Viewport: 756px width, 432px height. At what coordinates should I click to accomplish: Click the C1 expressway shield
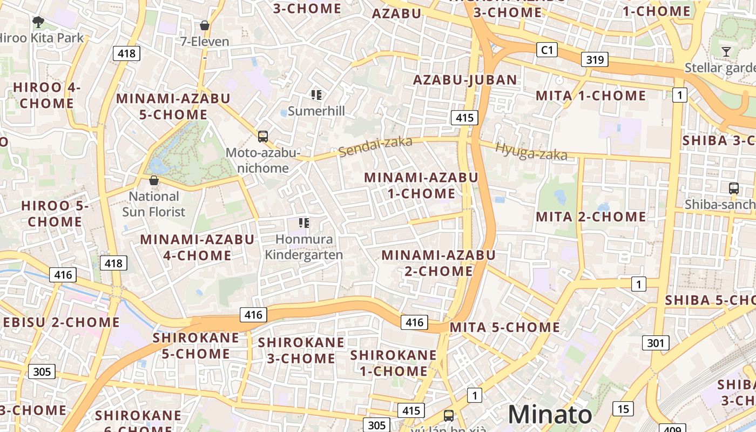(x=547, y=50)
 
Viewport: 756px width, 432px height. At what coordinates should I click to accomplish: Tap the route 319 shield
(x=595, y=59)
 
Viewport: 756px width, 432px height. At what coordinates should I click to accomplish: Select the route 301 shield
(x=656, y=343)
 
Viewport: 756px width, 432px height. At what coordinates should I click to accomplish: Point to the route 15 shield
(x=623, y=409)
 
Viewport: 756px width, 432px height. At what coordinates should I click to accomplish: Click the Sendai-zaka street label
(x=376, y=146)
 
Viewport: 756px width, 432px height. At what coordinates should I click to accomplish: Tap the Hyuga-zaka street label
(x=531, y=152)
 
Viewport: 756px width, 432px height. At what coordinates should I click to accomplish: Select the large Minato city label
(x=550, y=415)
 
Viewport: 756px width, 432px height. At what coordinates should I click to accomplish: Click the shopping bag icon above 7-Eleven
(x=205, y=25)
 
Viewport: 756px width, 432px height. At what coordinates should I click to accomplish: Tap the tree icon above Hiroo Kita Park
(x=38, y=22)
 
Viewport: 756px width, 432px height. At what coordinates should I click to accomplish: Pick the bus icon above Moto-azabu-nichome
(x=263, y=136)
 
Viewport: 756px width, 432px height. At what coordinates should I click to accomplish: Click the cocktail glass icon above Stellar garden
(x=726, y=52)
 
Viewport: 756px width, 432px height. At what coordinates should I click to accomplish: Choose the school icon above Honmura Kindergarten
(x=304, y=222)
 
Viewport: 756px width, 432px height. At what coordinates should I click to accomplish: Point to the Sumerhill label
(x=316, y=111)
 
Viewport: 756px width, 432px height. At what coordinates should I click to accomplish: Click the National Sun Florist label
(x=153, y=204)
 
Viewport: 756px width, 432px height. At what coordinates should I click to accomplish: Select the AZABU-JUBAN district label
(x=465, y=80)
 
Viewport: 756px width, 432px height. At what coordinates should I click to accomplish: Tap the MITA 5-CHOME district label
(x=505, y=327)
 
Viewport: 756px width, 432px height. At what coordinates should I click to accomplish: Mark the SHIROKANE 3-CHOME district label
(x=301, y=350)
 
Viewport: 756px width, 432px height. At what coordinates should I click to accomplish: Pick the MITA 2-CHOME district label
(x=591, y=217)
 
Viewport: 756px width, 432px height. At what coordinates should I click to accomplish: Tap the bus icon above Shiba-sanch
(x=733, y=188)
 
